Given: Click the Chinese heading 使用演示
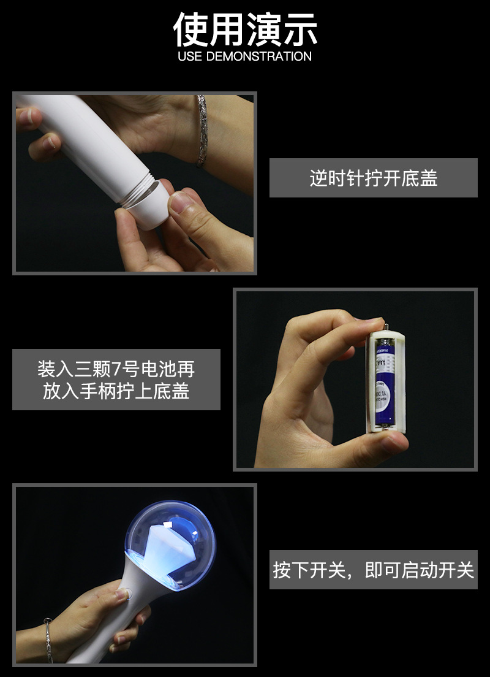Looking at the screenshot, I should tap(245, 28).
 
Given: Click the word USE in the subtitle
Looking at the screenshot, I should tap(190, 56).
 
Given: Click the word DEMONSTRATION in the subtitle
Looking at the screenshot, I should tap(259, 56).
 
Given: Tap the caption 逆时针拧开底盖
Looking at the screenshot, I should tap(373, 178).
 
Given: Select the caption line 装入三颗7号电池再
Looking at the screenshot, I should tap(116, 369).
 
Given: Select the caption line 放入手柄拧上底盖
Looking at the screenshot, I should tap(116, 391).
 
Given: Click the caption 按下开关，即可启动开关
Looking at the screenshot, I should tap(373, 570).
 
